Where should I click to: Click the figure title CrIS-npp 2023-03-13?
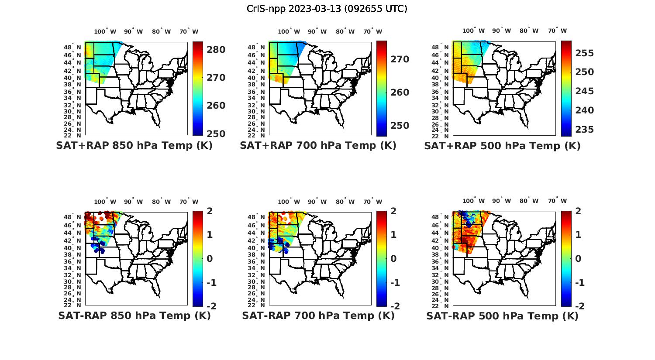327,9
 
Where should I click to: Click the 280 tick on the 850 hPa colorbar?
216,50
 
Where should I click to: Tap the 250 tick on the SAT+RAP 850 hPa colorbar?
216,134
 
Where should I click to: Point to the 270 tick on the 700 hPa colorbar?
400,59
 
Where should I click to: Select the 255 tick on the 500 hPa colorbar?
585,53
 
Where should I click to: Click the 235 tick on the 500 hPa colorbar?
585,130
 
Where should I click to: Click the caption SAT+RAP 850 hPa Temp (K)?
134,146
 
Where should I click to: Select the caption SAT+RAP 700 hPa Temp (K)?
318,146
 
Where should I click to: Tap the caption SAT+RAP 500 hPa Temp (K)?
502,146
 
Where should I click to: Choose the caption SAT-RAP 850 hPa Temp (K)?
134,316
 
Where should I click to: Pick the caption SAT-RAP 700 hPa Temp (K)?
318,316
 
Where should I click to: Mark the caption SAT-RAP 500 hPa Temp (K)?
502,316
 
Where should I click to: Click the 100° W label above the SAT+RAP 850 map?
105,31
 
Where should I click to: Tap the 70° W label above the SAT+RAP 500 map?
557,31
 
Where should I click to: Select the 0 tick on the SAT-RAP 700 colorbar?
393,259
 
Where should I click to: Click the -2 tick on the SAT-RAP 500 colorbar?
578,306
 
